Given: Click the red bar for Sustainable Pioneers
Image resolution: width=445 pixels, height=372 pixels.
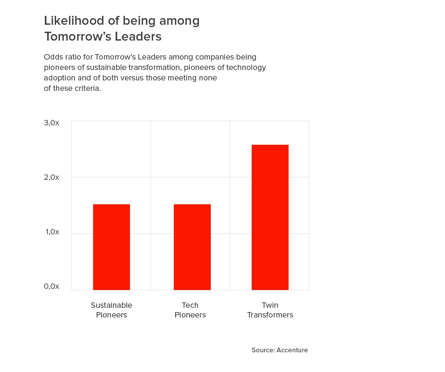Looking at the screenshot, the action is [x=111, y=247].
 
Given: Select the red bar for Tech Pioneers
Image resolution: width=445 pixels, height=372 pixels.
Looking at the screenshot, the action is [x=192, y=247].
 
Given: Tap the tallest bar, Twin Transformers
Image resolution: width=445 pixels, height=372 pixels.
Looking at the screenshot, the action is [x=270, y=217].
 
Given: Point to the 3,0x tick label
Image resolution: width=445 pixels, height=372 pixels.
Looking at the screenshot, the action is [x=52, y=123].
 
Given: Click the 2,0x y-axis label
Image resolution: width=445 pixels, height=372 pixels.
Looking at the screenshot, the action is [x=52, y=177].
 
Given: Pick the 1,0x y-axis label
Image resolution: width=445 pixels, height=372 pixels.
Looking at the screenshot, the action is [x=53, y=232].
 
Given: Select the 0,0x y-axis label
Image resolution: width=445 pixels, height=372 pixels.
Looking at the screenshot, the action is [x=52, y=286].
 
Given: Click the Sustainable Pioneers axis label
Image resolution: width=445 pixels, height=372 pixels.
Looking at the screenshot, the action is [x=111, y=310].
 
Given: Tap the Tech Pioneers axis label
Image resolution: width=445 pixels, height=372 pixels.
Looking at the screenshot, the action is [x=190, y=310].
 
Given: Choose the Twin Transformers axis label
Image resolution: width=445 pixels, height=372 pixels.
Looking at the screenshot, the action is [x=270, y=310].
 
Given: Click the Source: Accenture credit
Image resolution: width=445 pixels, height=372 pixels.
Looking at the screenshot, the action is [x=280, y=350].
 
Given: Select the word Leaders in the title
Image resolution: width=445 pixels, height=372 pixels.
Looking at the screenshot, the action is [x=138, y=36].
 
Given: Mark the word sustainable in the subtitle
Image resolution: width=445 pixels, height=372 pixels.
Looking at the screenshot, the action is [x=106, y=68].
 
